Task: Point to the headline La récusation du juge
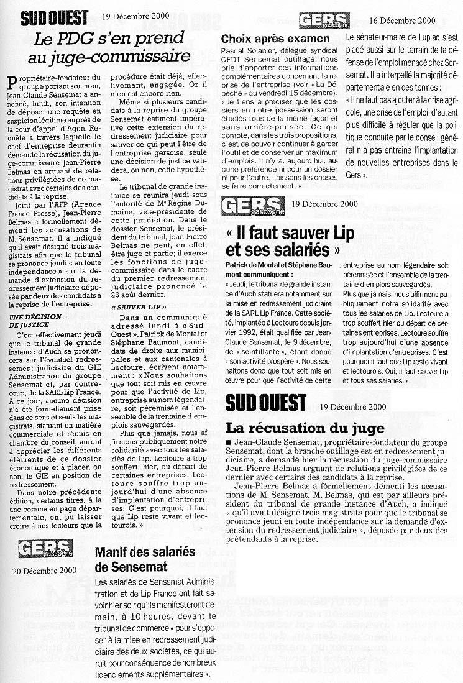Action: (x=305, y=428)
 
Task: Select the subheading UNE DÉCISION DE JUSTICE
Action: (x=32, y=320)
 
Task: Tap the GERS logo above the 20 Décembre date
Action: (x=45, y=549)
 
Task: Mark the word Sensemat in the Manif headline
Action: (x=132, y=567)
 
